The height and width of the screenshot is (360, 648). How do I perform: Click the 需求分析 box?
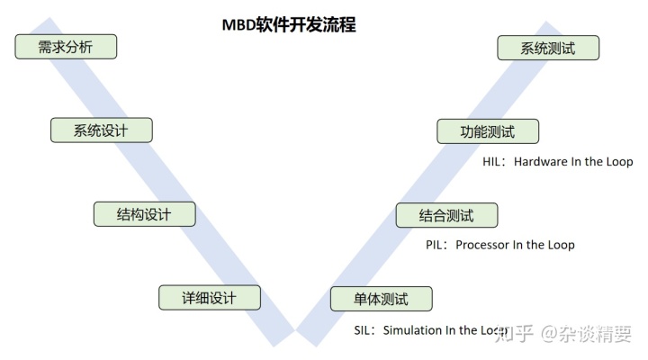tap(66, 47)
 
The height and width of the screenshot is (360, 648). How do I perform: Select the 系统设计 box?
tap(101, 130)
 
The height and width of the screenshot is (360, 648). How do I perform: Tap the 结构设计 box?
tap(144, 214)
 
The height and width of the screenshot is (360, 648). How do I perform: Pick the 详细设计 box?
tap(209, 298)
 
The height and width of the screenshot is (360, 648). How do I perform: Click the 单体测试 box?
tap(382, 298)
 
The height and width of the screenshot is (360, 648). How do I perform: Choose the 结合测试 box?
tap(446, 215)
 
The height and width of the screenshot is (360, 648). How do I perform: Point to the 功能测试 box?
tap(488, 130)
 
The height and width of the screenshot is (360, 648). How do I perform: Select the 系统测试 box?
tap(548, 48)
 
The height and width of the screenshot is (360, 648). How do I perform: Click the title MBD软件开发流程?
tap(289, 25)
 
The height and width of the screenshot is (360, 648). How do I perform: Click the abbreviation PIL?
tap(435, 245)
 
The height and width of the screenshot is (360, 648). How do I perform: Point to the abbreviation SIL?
tap(363, 330)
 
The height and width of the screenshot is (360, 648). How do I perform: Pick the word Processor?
tap(483, 245)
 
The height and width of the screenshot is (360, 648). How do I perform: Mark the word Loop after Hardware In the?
tap(618, 162)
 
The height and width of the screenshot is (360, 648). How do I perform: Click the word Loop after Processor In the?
tap(560, 245)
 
